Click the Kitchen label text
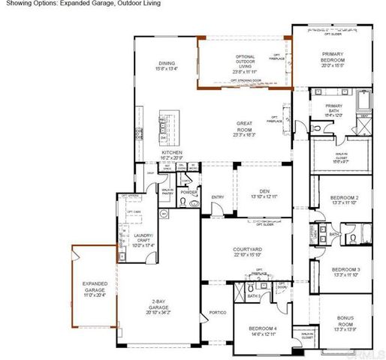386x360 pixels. point(172,151)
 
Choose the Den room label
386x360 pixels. point(259,191)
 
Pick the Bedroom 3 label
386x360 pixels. point(346,271)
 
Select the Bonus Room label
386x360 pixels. point(346,320)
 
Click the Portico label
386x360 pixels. point(218,311)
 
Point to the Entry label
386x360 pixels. point(218,197)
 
